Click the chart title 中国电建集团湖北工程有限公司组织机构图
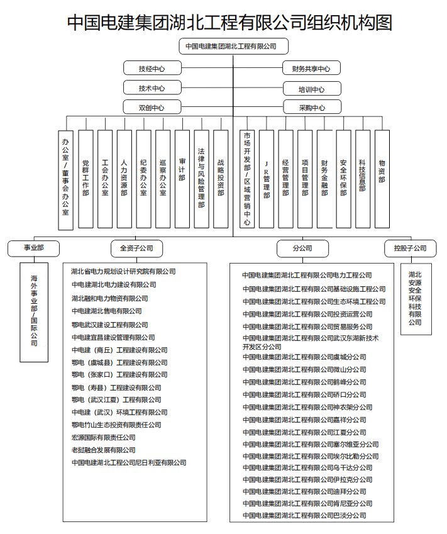tap(230, 23)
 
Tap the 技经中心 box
tap(152, 68)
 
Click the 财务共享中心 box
tap(311, 69)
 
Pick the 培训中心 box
tap(311, 89)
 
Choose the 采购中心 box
tap(312, 108)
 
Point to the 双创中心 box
tap(152, 108)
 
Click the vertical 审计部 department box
tap(182, 179)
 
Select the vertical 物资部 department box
tap(382, 179)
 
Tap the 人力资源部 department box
tap(124, 179)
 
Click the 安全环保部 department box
tap(343, 179)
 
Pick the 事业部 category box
tap(34, 248)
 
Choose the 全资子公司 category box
tap(136, 248)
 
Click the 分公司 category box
tap(302, 248)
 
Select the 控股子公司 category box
tap(410, 248)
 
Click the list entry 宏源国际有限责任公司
tap(103, 437)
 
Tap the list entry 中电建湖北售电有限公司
tap(106, 311)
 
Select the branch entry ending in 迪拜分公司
tap(304, 491)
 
